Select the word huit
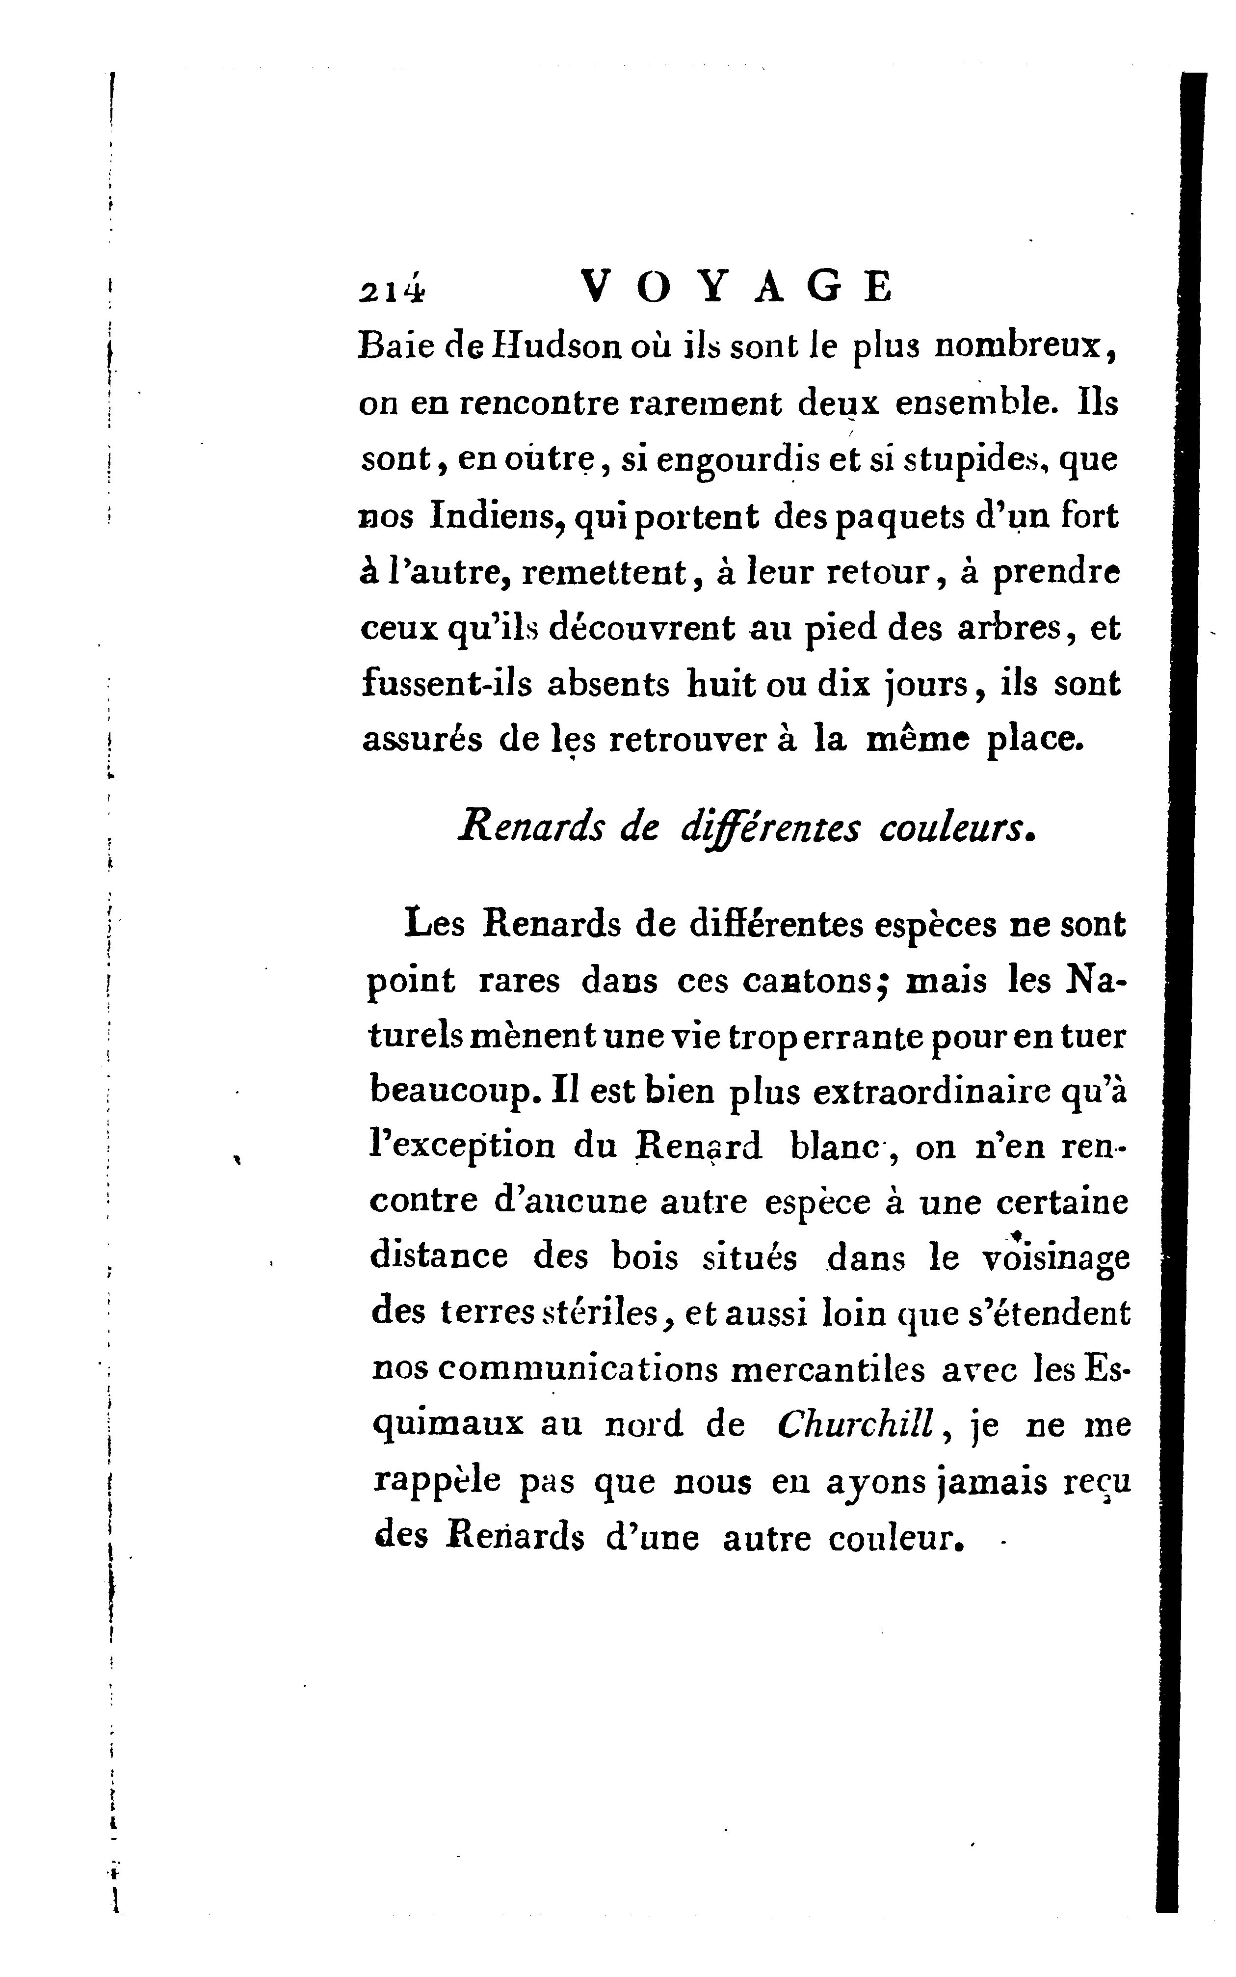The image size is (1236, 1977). coord(719,684)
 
